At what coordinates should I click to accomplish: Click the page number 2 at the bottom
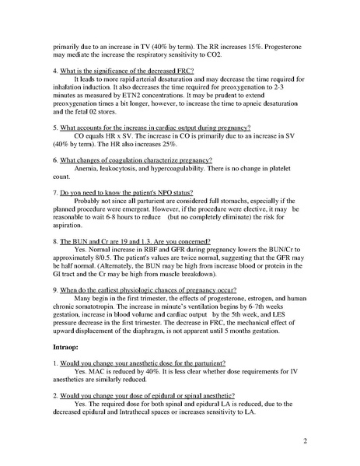click(309, 440)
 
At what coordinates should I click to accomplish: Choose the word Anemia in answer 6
click(88, 170)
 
